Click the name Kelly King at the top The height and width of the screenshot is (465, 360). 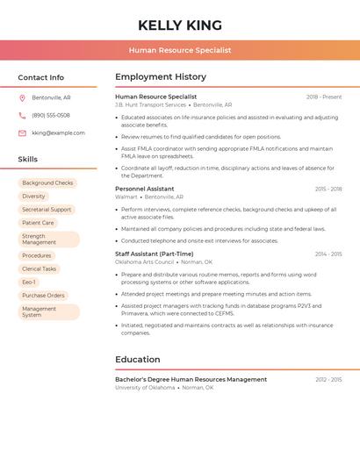click(180, 25)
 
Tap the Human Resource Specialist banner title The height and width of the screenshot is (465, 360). click(180, 50)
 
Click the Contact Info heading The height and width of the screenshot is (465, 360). click(41, 77)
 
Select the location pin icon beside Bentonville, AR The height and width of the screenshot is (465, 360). click(22, 97)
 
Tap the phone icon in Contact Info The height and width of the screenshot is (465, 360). click(22, 115)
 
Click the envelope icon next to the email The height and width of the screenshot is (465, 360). click(22, 133)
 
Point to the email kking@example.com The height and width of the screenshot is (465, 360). click(58, 133)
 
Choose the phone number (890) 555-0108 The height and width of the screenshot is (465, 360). click(51, 115)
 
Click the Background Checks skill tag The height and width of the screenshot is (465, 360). click(47, 183)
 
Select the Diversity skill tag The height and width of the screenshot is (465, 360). click(33, 197)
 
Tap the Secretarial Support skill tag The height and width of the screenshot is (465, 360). click(47, 210)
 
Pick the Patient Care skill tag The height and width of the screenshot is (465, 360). click(38, 223)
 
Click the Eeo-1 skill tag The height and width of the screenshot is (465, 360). click(29, 283)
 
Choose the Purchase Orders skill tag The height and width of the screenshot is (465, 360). click(43, 296)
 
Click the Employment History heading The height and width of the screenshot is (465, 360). click(161, 77)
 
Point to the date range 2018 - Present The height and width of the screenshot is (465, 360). click(324, 97)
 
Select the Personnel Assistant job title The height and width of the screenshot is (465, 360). click(145, 189)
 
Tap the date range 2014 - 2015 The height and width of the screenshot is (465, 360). click(328, 254)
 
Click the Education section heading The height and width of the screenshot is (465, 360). click(138, 360)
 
